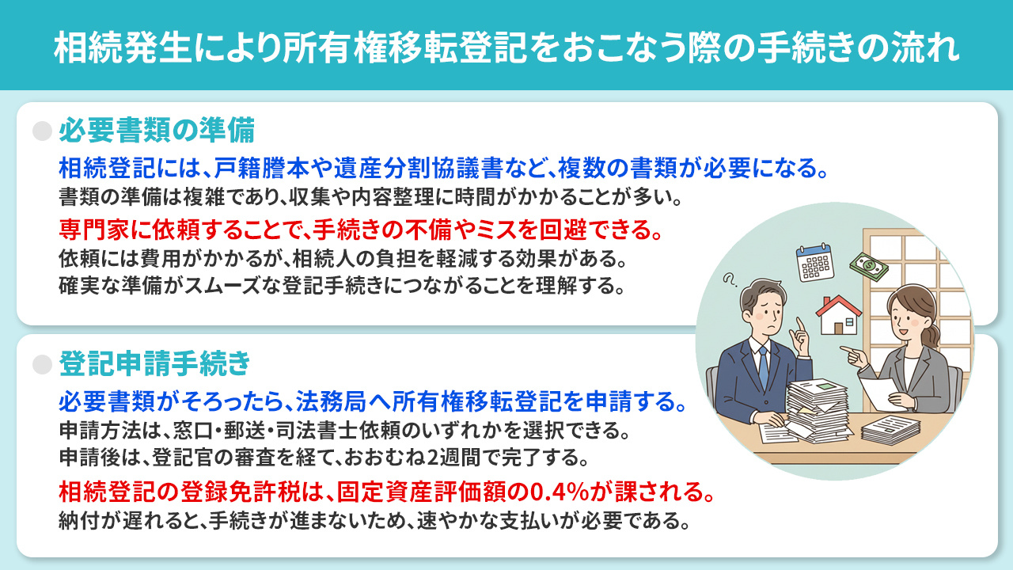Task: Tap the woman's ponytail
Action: (x=934, y=332)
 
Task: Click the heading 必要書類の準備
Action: (x=155, y=129)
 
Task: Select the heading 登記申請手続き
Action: (x=154, y=364)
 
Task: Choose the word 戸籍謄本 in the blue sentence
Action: (x=258, y=168)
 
